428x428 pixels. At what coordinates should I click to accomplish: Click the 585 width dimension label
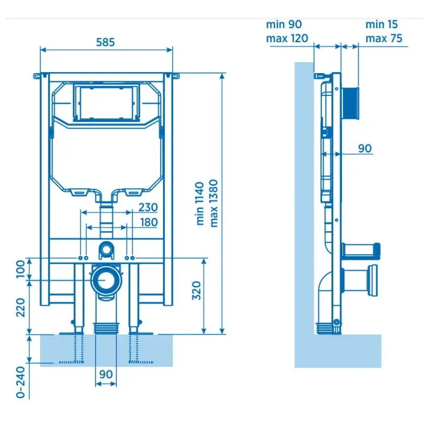(105, 42)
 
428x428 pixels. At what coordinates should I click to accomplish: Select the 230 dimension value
(148, 207)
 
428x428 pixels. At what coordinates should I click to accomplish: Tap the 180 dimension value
(149, 222)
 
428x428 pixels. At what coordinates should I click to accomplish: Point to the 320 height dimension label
(196, 291)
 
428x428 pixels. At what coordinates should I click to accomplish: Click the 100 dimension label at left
(20, 269)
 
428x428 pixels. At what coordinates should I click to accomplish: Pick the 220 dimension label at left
(20, 307)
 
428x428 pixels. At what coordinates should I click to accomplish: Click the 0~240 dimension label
(20, 382)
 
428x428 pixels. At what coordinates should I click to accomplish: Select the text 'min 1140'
(200, 204)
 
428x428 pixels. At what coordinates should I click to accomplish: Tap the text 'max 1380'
(213, 203)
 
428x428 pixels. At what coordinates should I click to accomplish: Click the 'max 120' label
(287, 38)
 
